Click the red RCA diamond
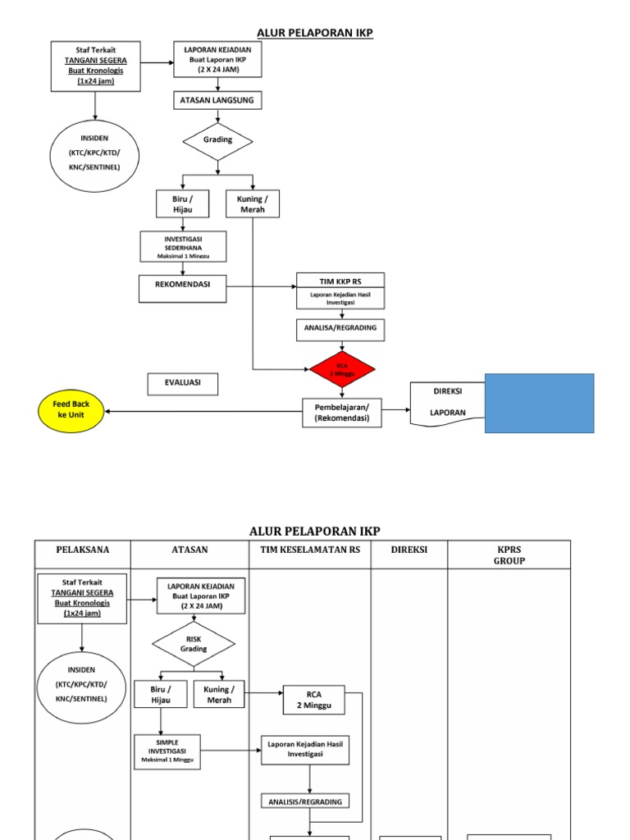pyautogui.click(x=343, y=369)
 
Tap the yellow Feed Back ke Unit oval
pyautogui.click(x=72, y=409)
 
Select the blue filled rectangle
pyautogui.click(x=539, y=403)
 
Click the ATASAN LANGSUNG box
pyautogui.click(x=217, y=100)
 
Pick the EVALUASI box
pyautogui.click(x=183, y=384)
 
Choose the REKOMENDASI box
pyautogui.click(x=182, y=288)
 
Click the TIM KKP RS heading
pyautogui.click(x=339, y=281)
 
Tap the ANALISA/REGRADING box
pyautogui.click(x=340, y=329)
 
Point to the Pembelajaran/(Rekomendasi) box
pyautogui.click(x=342, y=412)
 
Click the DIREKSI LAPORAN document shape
pyautogui.click(x=448, y=403)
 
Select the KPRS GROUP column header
pyautogui.click(x=509, y=555)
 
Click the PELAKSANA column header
pyautogui.click(x=82, y=550)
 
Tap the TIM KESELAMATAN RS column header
pyautogui.click(x=309, y=550)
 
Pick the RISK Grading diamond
pyautogui.click(x=194, y=644)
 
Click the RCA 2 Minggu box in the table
pyautogui.click(x=313, y=700)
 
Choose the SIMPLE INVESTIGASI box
pyautogui.click(x=167, y=751)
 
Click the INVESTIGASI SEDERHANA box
pyautogui.click(x=183, y=247)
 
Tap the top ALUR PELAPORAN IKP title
pyautogui.click(x=315, y=33)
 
